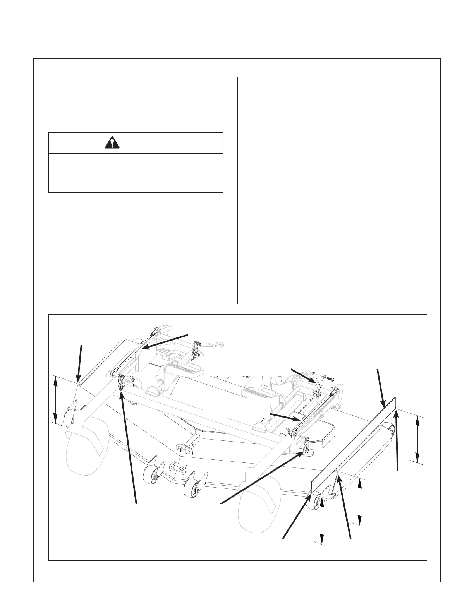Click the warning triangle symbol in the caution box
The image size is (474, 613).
click(112, 143)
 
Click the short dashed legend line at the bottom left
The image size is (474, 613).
click(79, 550)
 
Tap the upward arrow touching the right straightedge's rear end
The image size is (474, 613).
click(397, 441)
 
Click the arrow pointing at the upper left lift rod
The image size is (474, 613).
click(165, 341)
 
